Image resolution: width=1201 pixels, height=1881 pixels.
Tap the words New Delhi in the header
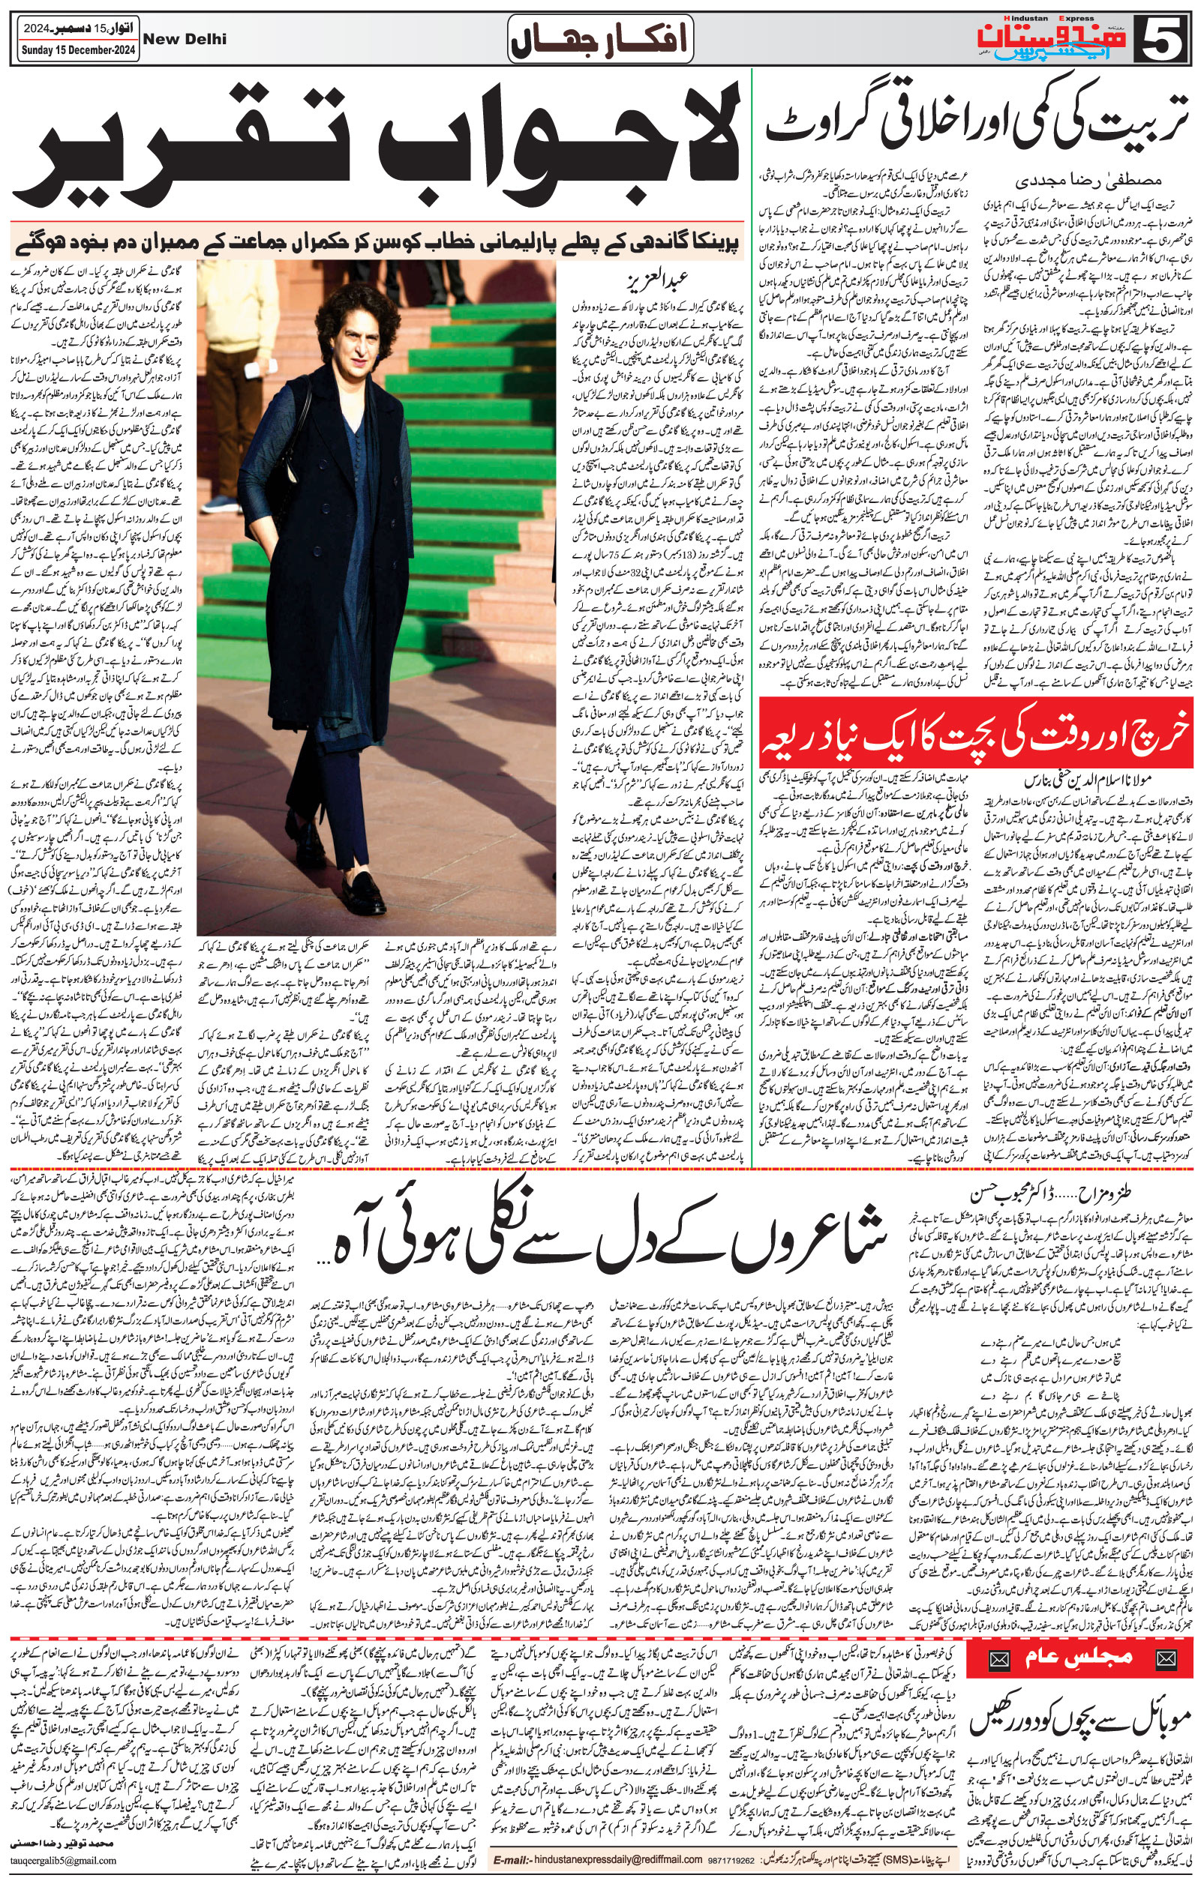click(185, 39)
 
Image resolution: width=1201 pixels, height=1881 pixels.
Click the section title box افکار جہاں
click(599, 39)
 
